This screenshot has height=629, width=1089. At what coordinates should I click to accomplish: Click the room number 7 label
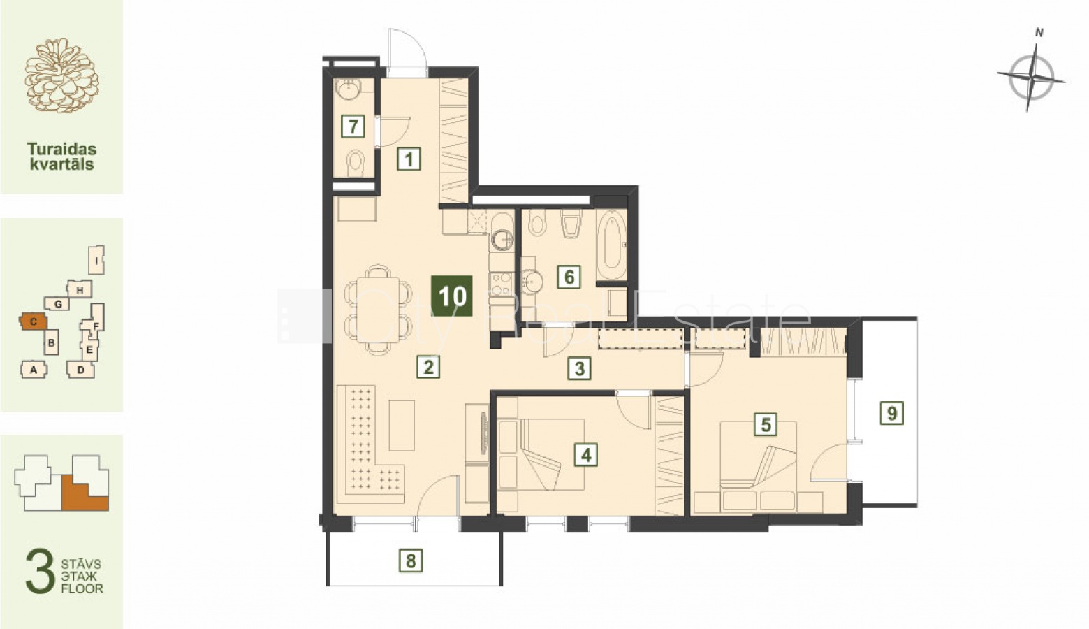[353, 126]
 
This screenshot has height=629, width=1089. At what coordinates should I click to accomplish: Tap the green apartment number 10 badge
[452, 296]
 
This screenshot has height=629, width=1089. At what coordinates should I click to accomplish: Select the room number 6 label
[569, 277]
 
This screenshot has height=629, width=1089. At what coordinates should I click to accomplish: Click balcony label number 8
[411, 561]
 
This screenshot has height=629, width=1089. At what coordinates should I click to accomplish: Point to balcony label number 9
[891, 413]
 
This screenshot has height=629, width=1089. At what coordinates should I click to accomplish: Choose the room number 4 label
[586, 455]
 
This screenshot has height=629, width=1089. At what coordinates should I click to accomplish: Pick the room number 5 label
[766, 424]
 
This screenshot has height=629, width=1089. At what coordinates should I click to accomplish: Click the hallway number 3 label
[579, 368]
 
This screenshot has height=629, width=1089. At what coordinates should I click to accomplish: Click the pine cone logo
[61, 75]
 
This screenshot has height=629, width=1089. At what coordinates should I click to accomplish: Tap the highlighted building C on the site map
[34, 321]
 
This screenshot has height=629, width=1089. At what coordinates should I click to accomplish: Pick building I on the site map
[96, 260]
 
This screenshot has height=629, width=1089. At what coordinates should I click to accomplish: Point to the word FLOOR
[82, 588]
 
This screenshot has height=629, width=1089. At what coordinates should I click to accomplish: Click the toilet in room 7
[356, 162]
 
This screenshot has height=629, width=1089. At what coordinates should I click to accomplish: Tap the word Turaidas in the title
[61, 149]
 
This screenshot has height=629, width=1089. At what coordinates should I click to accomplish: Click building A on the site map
[34, 370]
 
